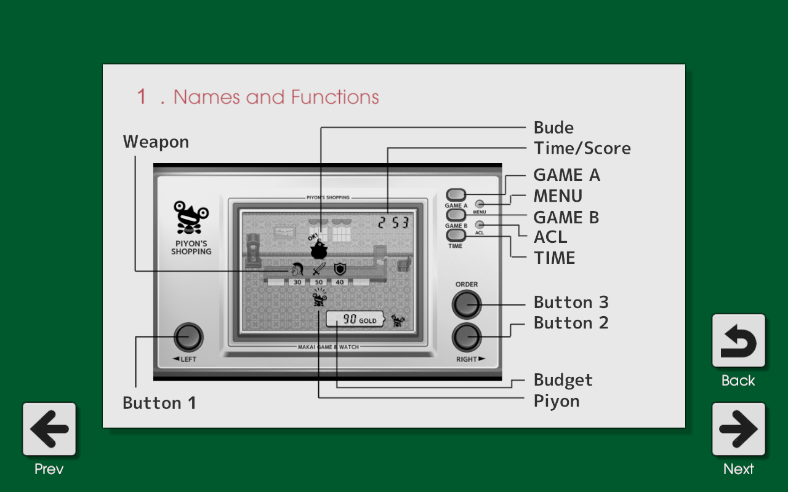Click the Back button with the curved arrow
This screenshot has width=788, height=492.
738,341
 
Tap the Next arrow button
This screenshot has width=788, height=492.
738,429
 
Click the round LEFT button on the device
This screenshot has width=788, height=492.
188,337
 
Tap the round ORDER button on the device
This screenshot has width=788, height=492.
466,304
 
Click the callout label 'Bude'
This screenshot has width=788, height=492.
553,128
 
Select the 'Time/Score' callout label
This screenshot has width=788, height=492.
582,148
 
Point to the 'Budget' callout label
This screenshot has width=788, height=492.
563,380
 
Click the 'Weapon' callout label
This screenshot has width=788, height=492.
156,142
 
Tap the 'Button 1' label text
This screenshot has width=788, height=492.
159,403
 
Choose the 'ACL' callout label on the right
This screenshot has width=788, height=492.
550,237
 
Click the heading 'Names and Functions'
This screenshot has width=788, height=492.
276,97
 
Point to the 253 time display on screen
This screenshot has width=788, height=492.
393,223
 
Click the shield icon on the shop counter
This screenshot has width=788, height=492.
340,269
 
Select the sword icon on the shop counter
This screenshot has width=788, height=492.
319,269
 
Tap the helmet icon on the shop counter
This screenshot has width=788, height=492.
297,269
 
